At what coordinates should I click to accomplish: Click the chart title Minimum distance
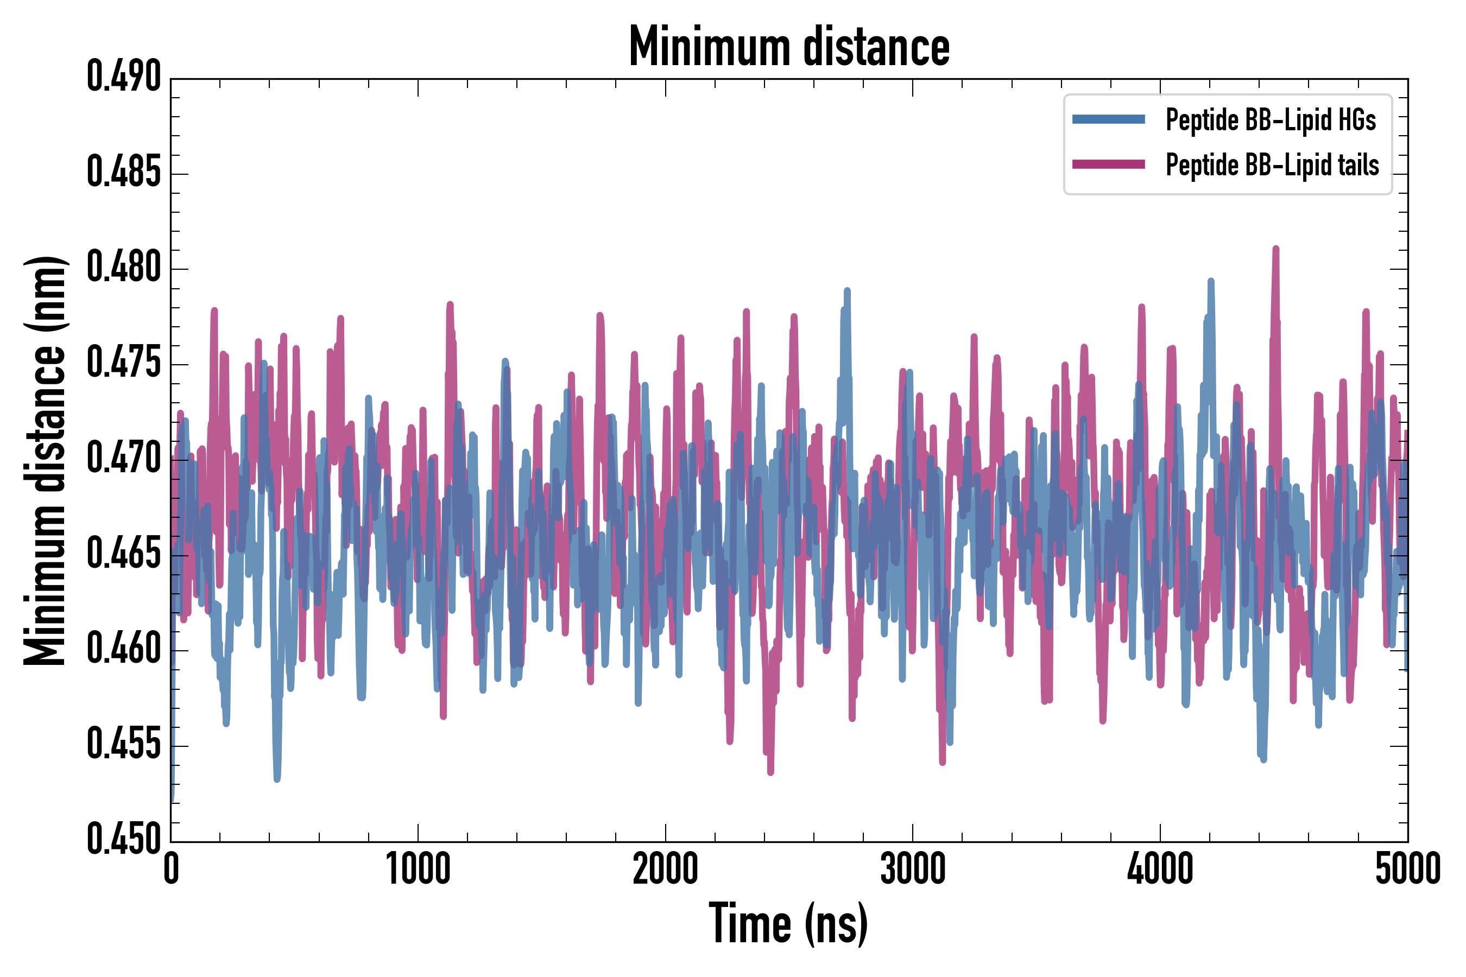(789, 47)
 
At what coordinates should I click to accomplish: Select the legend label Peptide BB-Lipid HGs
(1271, 119)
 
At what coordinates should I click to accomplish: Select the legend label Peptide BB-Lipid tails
(1272, 165)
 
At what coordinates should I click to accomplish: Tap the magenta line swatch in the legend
(1108, 164)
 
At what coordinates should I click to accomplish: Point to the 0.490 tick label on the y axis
(124, 77)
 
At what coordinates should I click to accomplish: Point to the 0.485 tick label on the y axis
(124, 173)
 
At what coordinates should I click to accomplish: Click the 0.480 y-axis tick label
(124, 268)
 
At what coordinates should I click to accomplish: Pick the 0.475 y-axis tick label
(124, 363)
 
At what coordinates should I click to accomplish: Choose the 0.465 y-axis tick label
(124, 554)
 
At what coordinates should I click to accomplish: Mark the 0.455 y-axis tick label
(124, 745)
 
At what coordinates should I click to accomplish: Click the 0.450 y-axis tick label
(124, 839)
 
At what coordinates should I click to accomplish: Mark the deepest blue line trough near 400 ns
(277, 779)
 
